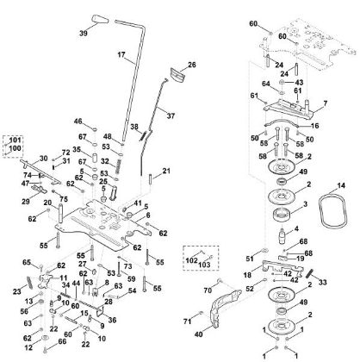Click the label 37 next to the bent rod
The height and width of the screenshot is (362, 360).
[x=195, y=116]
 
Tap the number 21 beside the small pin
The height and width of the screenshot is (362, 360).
[x=166, y=171]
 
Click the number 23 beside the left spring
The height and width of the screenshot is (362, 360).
[x=17, y=291]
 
